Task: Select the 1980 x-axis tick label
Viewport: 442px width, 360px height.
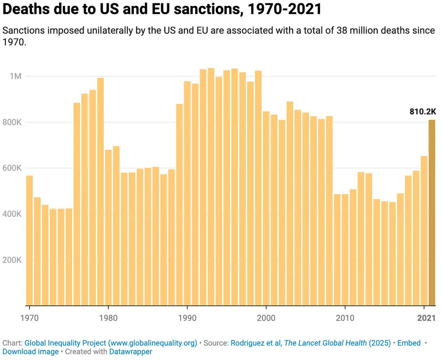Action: pos(108,318)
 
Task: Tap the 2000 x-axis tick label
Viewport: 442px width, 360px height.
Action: pos(266,318)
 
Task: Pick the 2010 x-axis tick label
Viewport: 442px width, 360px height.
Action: pos(345,318)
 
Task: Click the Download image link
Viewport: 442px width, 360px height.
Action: pos(31,352)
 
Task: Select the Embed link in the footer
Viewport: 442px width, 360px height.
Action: pos(409,343)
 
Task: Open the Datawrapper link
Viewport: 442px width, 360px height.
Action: pos(130,352)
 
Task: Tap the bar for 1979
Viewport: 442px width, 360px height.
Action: pos(101,191)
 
